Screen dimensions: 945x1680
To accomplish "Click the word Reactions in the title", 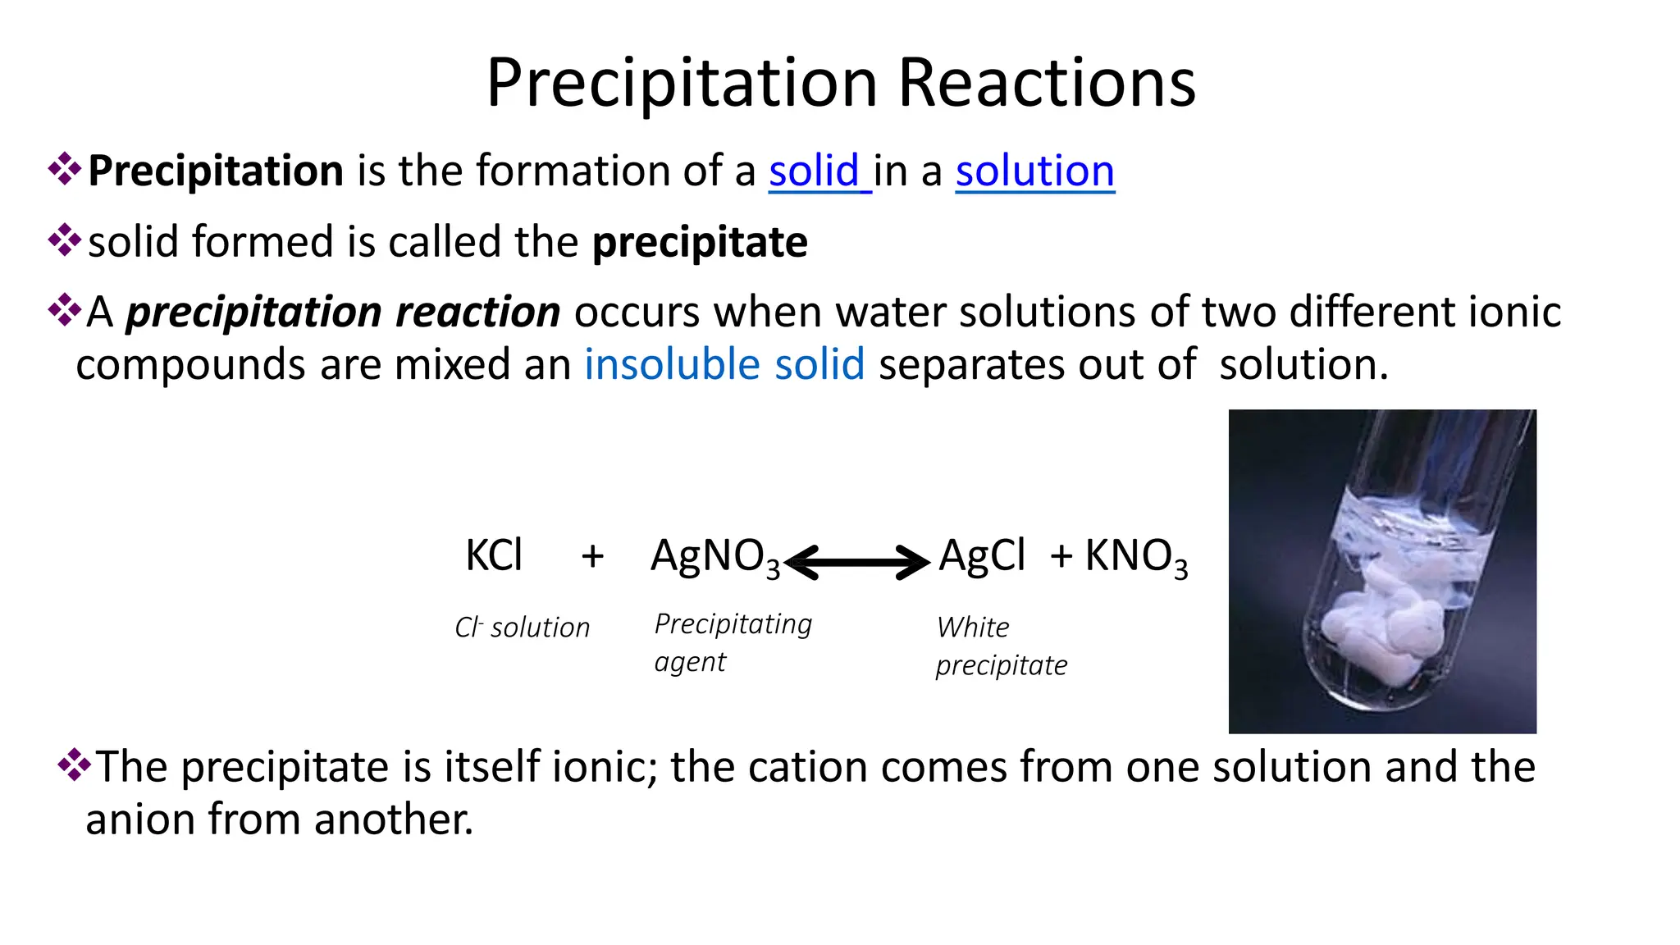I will pyautogui.click(x=1047, y=83).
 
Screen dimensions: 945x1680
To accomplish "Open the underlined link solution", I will pyautogui.click(x=1034, y=171).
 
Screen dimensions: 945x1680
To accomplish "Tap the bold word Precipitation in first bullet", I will pyautogui.click(x=216, y=171).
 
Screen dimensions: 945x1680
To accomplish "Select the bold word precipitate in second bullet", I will pyautogui.click(x=700, y=243).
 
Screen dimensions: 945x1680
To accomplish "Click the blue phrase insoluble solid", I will pyautogui.click(x=724, y=364).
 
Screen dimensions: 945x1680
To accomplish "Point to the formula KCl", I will pyautogui.click(x=494, y=555).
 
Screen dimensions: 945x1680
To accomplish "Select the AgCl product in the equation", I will pyautogui.click(x=982, y=555).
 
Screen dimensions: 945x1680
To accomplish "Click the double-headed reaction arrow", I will pyautogui.click(x=857, y=562).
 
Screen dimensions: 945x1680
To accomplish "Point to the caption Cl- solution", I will pyautogui.click(x=523, y=628).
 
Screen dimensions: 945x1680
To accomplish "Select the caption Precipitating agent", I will pyautogui.click(x=733, y=642).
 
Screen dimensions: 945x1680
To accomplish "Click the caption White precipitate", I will pyautogui.click(x=1001, y=646).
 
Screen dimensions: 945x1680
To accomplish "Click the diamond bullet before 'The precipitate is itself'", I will pyautogui.click(x=74, y=765).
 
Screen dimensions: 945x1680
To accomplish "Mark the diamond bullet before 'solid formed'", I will pyautogui.click(x=64, y=241).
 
